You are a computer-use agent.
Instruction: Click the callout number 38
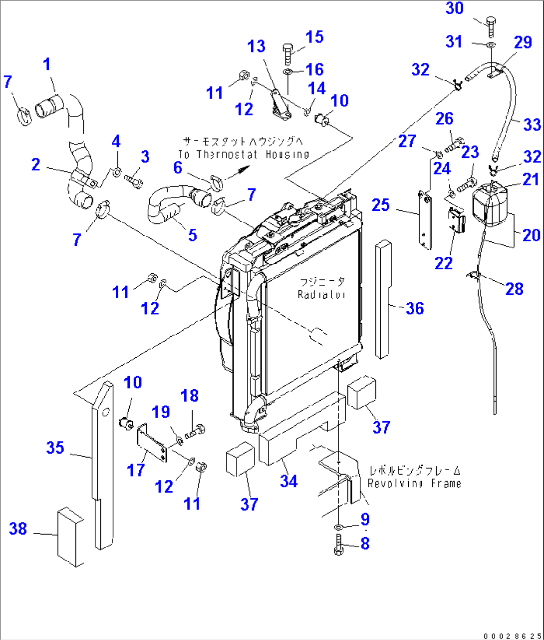pyautogui.click(x=18, y=529)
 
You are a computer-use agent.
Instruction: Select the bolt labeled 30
pyautogui.click(x=489, y=26)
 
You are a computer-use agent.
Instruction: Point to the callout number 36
pyautogui.click(x=415, y=308)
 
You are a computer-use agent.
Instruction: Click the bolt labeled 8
pyautogui.click(x=338, y=545)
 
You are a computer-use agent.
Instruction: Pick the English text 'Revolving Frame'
pyautogui.click(x=414, y=484)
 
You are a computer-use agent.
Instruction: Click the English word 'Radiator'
pyautogui.click(x=321, y=295)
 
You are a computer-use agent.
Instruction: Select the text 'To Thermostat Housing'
pyautogui.click(x=244, y=155)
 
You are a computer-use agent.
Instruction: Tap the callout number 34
pyautogui.click(x=288, y=481)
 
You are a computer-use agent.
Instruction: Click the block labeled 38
pyautogui.click(x=70, y=537)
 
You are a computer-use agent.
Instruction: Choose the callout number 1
pyautogui.click(x=46, y=64)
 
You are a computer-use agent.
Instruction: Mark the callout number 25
pyautogui.click(x=381, y=204)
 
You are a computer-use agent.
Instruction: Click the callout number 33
pyautogui.click(x=532, y=124)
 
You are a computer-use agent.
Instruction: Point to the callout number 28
pyautogui.click(x=514, y=288)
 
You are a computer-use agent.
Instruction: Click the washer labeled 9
pyautogui.click(x=338, y=528)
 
